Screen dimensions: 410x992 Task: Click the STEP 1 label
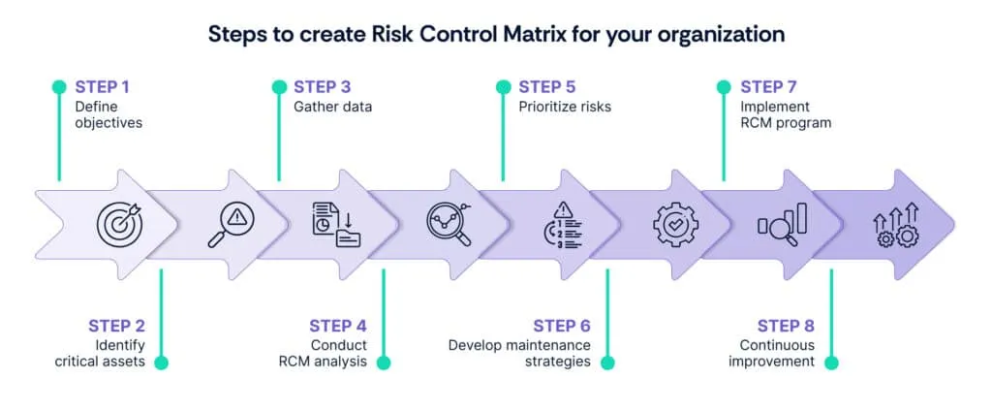[x=102, y=87]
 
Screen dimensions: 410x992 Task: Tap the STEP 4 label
[x=338, y=326]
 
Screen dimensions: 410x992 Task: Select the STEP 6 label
[x=562, y=326]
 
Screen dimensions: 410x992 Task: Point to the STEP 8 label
[x=787, y=326]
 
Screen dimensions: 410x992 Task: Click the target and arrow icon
[x=118, y=224]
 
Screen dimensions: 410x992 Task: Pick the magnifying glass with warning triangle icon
[x=231, y=224]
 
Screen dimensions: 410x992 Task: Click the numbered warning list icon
[x=563, y=225]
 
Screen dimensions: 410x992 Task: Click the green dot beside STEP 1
[x=59, y=87]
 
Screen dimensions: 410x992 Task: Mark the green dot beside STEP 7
[x=724, y=87]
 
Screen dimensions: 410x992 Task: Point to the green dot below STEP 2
[x=161, y=363]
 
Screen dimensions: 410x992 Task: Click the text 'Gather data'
[x=332, y=107]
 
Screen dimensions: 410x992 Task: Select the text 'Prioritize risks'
[x=565, y=107]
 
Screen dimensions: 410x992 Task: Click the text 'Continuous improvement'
[x=777, y=354]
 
